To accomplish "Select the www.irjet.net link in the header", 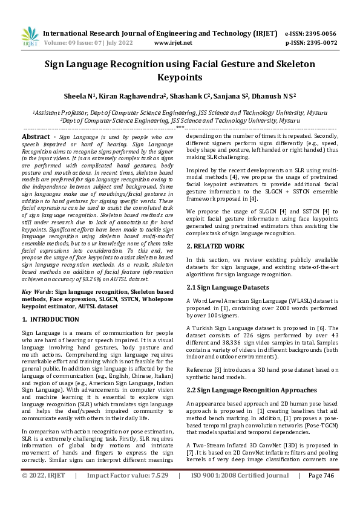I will (x=173, y=43).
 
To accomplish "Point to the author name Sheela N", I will (x=79, y=96).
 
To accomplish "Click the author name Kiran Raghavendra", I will (x=133, y=96).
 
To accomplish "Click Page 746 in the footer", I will (x=321, y=493).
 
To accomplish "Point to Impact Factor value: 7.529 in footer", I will (x=128, y=493).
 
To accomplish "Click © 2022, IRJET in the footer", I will (x=44, y=493).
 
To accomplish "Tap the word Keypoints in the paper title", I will (x=180, y=77).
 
